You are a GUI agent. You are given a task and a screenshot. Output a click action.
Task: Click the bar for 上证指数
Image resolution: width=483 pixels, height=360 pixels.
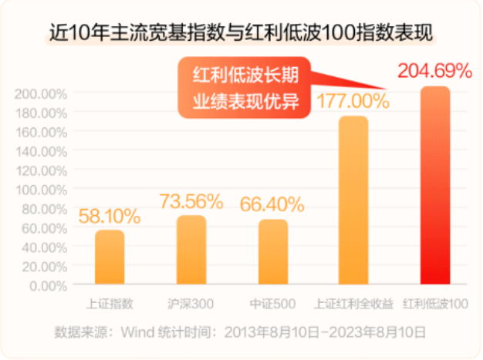tap(110, 257)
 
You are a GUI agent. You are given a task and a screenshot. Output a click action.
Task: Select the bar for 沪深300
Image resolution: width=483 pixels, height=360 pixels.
tap(192, 250)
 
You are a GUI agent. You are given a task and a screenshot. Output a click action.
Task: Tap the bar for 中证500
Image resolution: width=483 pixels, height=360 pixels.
tap(273, 253)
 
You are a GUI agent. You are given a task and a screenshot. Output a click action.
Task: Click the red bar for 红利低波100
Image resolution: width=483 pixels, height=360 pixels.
tap(436, 186)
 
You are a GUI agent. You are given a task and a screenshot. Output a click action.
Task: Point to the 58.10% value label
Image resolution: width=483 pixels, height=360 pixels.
tap(109, 215)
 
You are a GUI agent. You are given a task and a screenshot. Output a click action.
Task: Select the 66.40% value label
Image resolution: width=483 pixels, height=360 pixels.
tap(272, 205)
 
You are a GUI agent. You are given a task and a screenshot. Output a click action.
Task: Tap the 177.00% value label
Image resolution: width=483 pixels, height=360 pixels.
tap(353, 100)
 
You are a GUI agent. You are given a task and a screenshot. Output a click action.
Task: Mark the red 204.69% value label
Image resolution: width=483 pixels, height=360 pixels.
tap(434, 72)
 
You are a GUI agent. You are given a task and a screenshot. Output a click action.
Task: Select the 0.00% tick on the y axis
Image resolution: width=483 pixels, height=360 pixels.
tap(48, 285)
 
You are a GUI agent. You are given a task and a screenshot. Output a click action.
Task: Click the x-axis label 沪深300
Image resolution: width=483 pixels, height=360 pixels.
tap(191, 304)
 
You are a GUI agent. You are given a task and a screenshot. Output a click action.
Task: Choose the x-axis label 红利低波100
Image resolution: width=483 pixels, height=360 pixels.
tap(436, 304)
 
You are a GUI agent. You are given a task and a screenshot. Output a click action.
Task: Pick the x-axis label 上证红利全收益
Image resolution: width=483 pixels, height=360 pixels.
tap(354, 304)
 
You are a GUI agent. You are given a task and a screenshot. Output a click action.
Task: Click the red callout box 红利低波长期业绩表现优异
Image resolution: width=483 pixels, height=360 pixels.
tap(245, 88)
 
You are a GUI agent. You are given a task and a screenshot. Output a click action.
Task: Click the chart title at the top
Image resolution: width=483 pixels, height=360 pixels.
tap(241, 33)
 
